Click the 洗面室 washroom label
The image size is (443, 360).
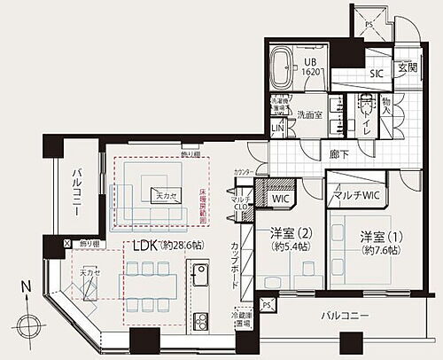click(x=308, y=113)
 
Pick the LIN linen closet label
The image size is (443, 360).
click(x=277, y=129)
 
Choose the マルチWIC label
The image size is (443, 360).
click(x=355, y=195)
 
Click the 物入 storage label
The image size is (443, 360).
click(x=386, y=107)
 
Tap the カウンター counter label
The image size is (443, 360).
click(x=245, y=171)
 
